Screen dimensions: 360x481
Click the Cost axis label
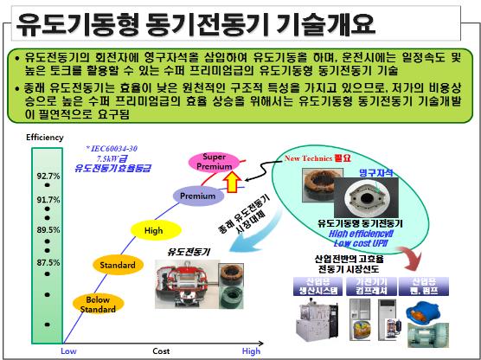(x=160, y=351)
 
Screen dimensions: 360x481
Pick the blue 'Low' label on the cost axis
(x=67, y=351)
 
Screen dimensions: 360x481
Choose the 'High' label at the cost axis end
(x=251, y=351)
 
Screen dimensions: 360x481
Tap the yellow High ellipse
(x=153, y=230)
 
